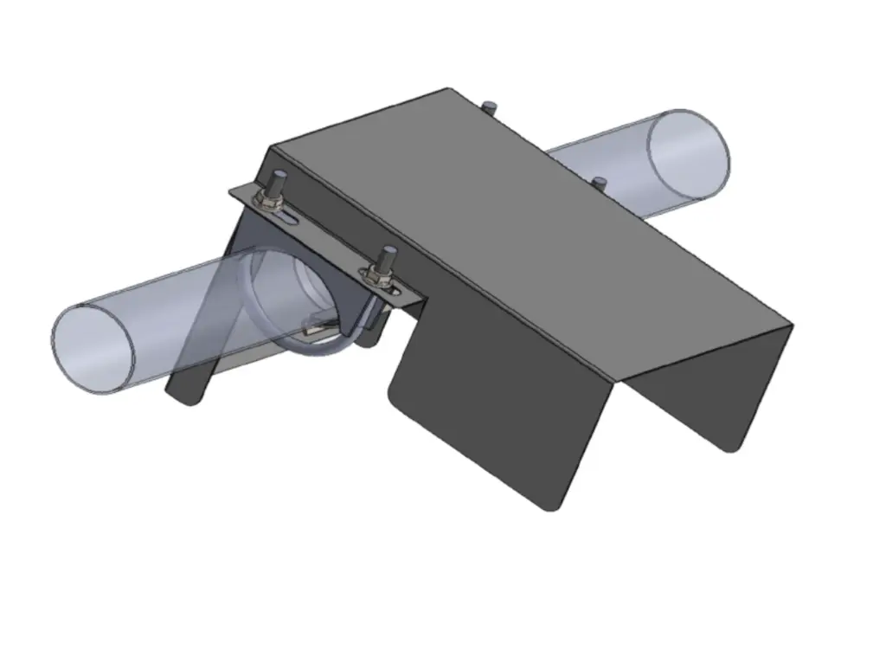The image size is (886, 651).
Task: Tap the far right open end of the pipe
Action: pyautogui.click(x=690, y=154)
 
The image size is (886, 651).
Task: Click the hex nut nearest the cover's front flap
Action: pyautogui.click(x=376, y=276)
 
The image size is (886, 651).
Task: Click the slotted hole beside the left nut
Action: pyautogui.click(x=291, y=222)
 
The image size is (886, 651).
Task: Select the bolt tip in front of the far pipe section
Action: pyautogui.click(x=599, y=182)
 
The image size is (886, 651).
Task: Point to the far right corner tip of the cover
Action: pyautogui.click(x=791, y=325)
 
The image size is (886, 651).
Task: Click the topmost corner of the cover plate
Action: pyautogui.click(x=448, y=89)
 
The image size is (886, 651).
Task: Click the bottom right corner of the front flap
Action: pyautogui.click(x=550, y=507)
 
